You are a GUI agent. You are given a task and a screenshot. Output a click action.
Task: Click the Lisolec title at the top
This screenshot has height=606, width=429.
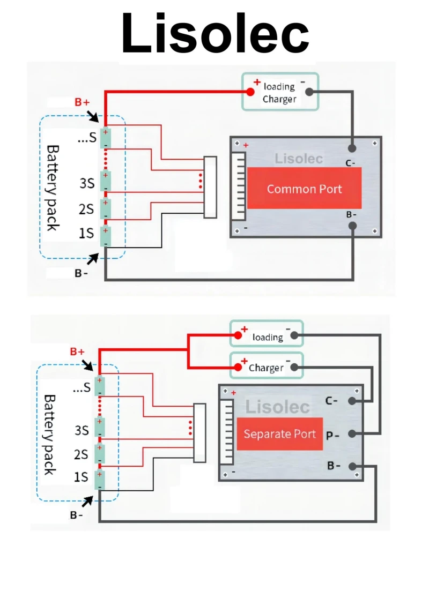tap(214, 33)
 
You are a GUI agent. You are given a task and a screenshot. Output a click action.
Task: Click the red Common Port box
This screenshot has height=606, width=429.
tap(304, 188)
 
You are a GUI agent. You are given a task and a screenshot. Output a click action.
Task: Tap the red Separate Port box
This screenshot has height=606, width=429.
tap(279, 433)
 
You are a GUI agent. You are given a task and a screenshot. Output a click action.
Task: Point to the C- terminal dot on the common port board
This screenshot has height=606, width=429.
tap(352, 148)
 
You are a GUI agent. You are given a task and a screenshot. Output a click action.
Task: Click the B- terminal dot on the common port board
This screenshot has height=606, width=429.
tap(352, 226)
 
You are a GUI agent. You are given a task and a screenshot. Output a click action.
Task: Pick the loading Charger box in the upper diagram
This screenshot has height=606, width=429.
tap(280, 92)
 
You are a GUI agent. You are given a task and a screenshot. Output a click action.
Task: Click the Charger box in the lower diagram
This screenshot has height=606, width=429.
tap(267, 367)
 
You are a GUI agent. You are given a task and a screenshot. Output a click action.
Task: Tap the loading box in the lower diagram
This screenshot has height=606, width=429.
tap(267, 336)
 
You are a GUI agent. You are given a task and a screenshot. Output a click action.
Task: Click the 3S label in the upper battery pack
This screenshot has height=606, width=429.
tap(87, 183)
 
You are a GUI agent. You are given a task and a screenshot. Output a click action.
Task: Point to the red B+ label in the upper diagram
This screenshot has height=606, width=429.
tap(82, 102)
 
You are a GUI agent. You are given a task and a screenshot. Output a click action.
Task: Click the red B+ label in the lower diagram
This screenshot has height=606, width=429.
tap(77, 352)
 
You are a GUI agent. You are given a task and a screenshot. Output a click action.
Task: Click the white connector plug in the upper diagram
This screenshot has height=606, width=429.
tap(210, 187)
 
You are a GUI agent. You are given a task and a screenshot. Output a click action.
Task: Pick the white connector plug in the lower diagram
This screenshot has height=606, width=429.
tap(199, 433)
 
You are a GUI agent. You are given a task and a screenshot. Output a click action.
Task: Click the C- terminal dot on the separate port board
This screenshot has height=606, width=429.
tap(352, 401)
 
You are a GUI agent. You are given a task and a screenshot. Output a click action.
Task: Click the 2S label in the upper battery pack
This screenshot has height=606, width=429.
tap(86, 208)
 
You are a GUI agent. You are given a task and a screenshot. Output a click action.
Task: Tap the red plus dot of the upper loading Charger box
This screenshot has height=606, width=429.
tap(250, 92)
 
